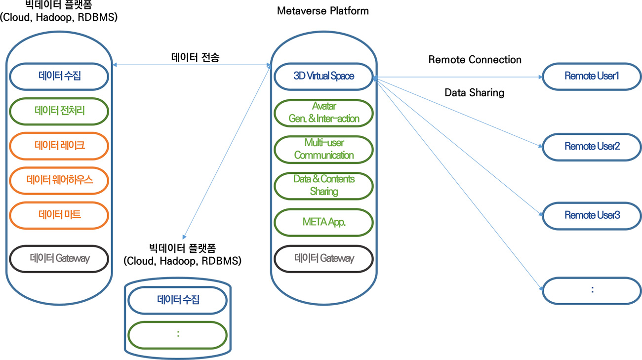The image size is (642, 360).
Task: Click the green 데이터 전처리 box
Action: pyautogui.click(x=59, y=111)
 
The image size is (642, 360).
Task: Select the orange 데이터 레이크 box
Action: pyautogui.click(x=59, y=146)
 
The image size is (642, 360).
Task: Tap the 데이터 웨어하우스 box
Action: pyautogui.click(x=59, y=180)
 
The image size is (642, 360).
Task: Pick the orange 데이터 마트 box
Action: pyautogui.click(x=59, y=215)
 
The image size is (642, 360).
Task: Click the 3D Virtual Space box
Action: pyautogui.click(x=324, y=76)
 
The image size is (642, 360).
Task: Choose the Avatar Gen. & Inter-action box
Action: pyautogui.click(x=324, y=113)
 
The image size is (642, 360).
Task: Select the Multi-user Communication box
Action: pyautogui.click(x=324, y=149)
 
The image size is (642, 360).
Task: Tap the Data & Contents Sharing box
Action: pyautogui.click(x=324, y=185)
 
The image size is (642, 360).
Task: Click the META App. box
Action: pyautogui.click(x=324, y=222)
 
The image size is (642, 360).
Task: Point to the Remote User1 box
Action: pyautogui.click(x=592, y=77)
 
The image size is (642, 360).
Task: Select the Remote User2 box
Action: pyautogui.click(x=592, y=147)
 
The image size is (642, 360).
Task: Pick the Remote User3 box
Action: pyautogui.click(x=592, y=216)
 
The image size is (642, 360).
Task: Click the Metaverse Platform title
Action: pyautogui.click(x=323, y=11)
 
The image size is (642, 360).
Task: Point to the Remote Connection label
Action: pyautogui.click(x=475, y=60)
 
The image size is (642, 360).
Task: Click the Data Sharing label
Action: pyautogui.click(x=474, y=92)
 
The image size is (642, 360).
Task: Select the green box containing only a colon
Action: pyautogui.click(x=178, y=335)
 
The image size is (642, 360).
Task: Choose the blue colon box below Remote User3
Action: pyautogui.click(x=592, y=290)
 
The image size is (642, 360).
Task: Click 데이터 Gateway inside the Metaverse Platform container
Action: pyautogui.click(x=324, y=258)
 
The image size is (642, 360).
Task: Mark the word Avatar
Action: pyautogui.click(x=324, y=106)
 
